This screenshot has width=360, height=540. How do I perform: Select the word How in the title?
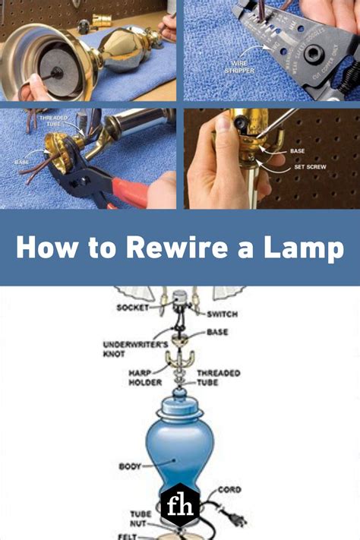[x=44, y=249]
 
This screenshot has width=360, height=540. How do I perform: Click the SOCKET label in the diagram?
[x=134, y=308]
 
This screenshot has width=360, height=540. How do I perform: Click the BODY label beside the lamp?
[x=131, y=466]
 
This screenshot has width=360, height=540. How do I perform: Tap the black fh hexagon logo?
[x=180, y=507]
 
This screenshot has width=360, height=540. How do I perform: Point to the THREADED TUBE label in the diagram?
[x=219, y=377]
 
